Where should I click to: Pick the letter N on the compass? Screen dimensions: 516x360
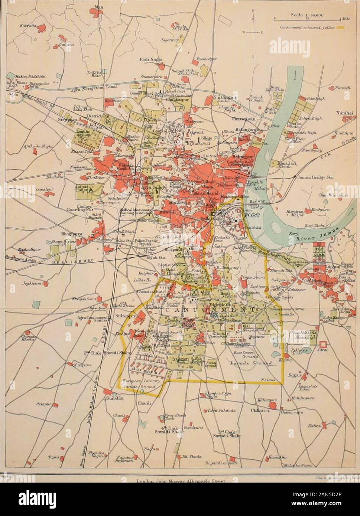(253, 10)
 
